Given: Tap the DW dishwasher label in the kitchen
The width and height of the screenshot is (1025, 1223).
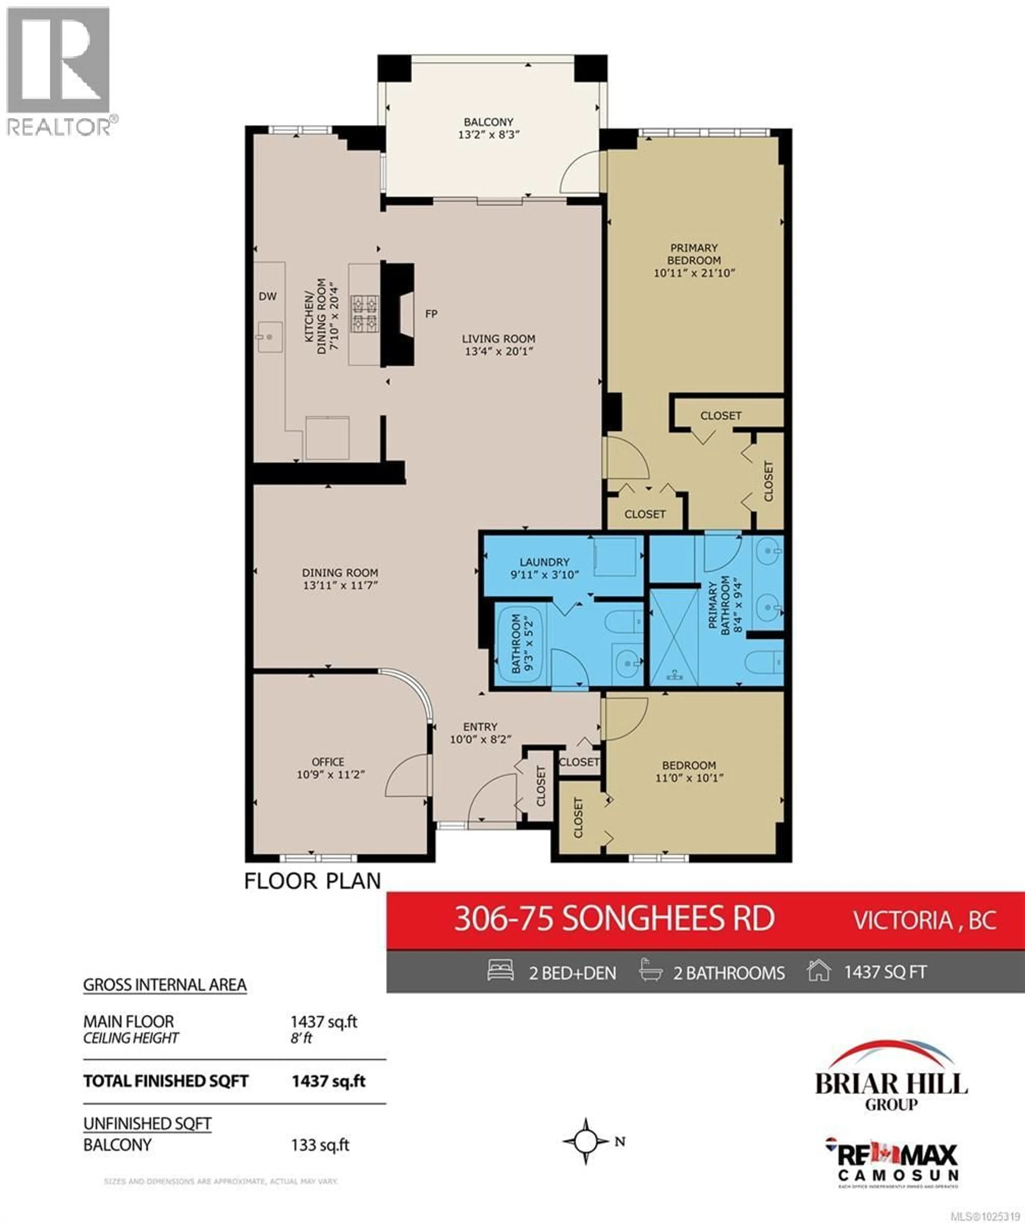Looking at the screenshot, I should (x=267, y=296).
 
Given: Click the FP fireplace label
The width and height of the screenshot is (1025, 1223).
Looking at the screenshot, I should (x=431, y=314).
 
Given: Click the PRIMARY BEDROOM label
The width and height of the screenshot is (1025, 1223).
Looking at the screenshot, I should (x=694, y=254).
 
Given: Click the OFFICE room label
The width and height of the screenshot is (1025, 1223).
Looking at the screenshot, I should (x=328, y=762).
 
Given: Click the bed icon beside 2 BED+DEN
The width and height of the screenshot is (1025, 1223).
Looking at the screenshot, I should (x=500, y=970).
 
